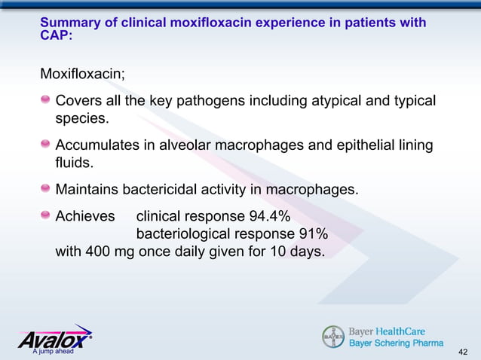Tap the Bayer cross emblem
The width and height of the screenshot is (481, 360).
pos(332,337)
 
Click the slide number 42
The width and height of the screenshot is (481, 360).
pos(464,352)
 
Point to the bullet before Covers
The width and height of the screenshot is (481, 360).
pos(46,101)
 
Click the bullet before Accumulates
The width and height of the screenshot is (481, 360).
pos(46,145)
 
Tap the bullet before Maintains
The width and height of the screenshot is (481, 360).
pos(46,188)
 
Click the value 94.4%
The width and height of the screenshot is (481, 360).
pos(264,217)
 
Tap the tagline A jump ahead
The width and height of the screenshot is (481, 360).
pos(47,352)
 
